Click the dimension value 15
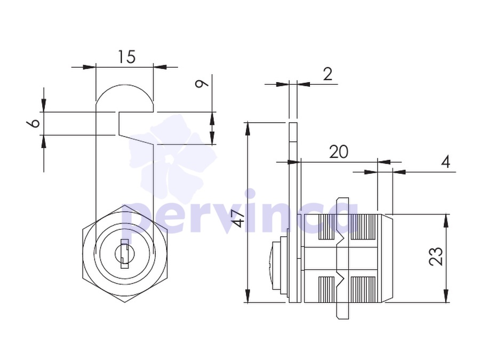(126, 57)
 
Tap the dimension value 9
(202, 83)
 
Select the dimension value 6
(33, 123)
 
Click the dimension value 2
(327, 74)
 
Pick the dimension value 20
(339, 152)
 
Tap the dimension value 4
(446, 162)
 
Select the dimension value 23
(436, 256)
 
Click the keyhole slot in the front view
(124, 254)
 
